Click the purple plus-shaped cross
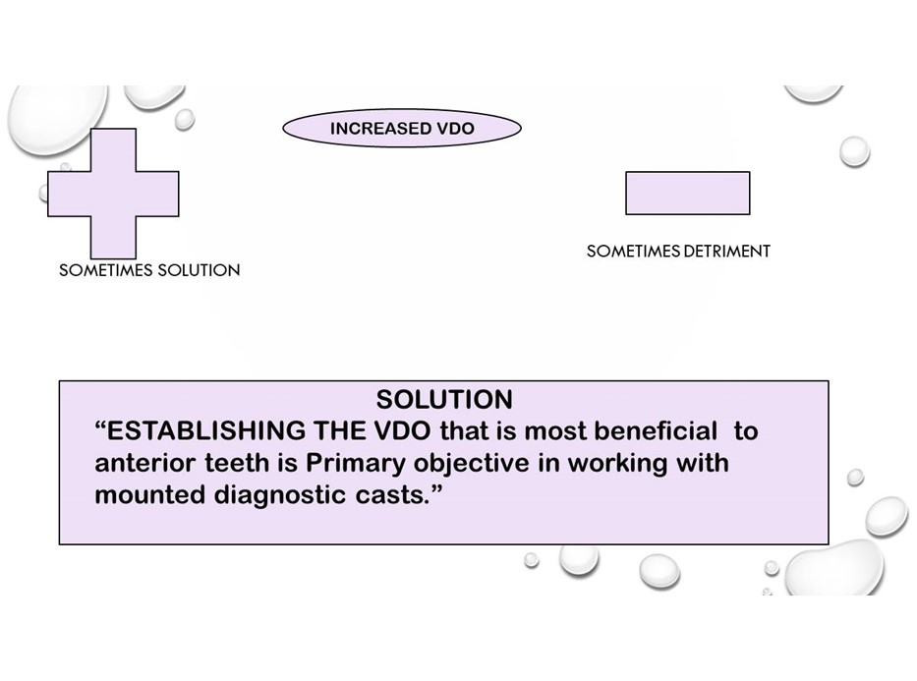tap(113, 194)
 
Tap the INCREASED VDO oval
tap(402, 128)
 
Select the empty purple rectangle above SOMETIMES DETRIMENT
tap(688, 193)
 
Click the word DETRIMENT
tap(727, 252)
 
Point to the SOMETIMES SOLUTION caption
tap(149, 270)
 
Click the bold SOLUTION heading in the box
tap(444, 400)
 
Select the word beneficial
tap(656, 430)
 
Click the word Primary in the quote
tap(356, 463)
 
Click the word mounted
tap(150, 495)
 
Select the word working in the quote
tap(617, 464)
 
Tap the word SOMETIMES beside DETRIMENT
tap(634, 252)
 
